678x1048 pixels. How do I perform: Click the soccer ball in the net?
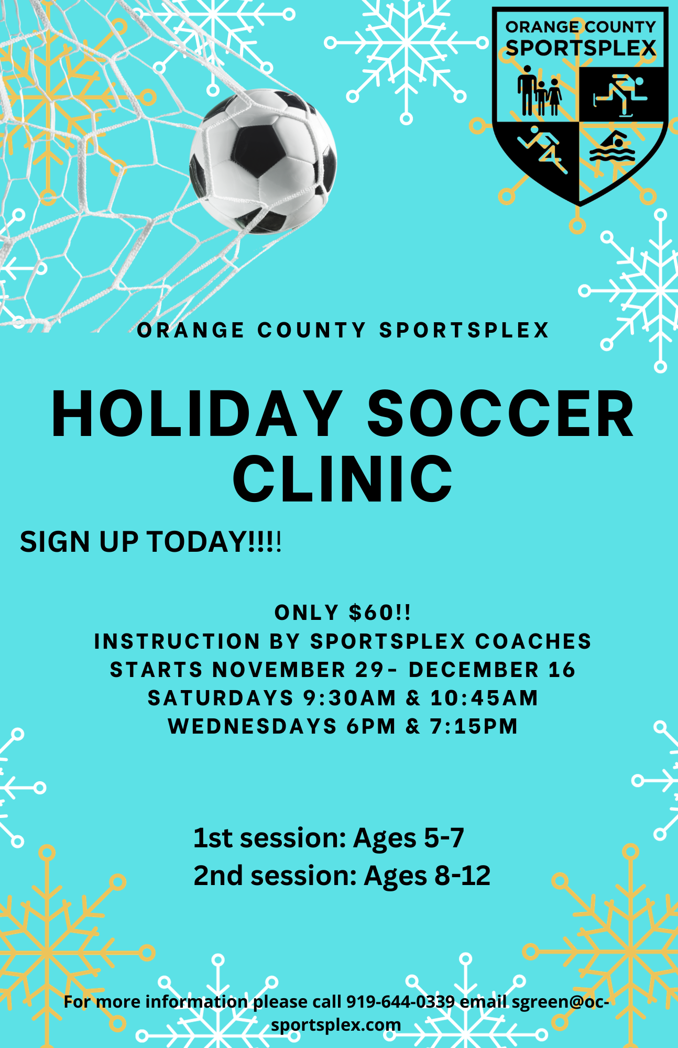point(263,161)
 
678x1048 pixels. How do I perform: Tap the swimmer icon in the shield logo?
point(612,148)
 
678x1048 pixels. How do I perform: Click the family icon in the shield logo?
point(539,91)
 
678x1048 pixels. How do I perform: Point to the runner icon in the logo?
point(542,149)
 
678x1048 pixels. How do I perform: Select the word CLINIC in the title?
point(343,478)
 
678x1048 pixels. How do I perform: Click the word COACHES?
point(533,641)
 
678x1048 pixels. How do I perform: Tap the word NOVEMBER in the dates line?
point(279,670)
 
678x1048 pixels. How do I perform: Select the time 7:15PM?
point(474,726)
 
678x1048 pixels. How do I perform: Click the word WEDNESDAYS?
point(253,726)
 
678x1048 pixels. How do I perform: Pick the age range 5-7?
point(443,837)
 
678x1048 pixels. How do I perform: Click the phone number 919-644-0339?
point(401,1001)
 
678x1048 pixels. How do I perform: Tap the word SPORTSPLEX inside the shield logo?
point(581,48)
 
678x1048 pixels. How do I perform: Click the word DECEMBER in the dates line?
point(474,670)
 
